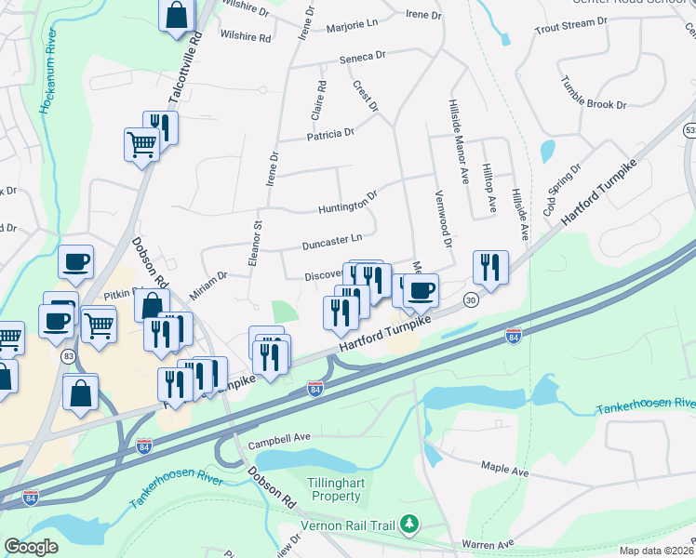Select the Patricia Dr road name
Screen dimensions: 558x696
[331, 134]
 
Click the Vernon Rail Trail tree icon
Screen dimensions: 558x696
[408, 525]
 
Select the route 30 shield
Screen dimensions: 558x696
[471, 299]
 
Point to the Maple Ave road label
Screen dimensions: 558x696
[504, 468]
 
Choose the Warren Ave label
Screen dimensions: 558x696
[487, 543]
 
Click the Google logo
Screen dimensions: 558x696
[32, 547]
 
